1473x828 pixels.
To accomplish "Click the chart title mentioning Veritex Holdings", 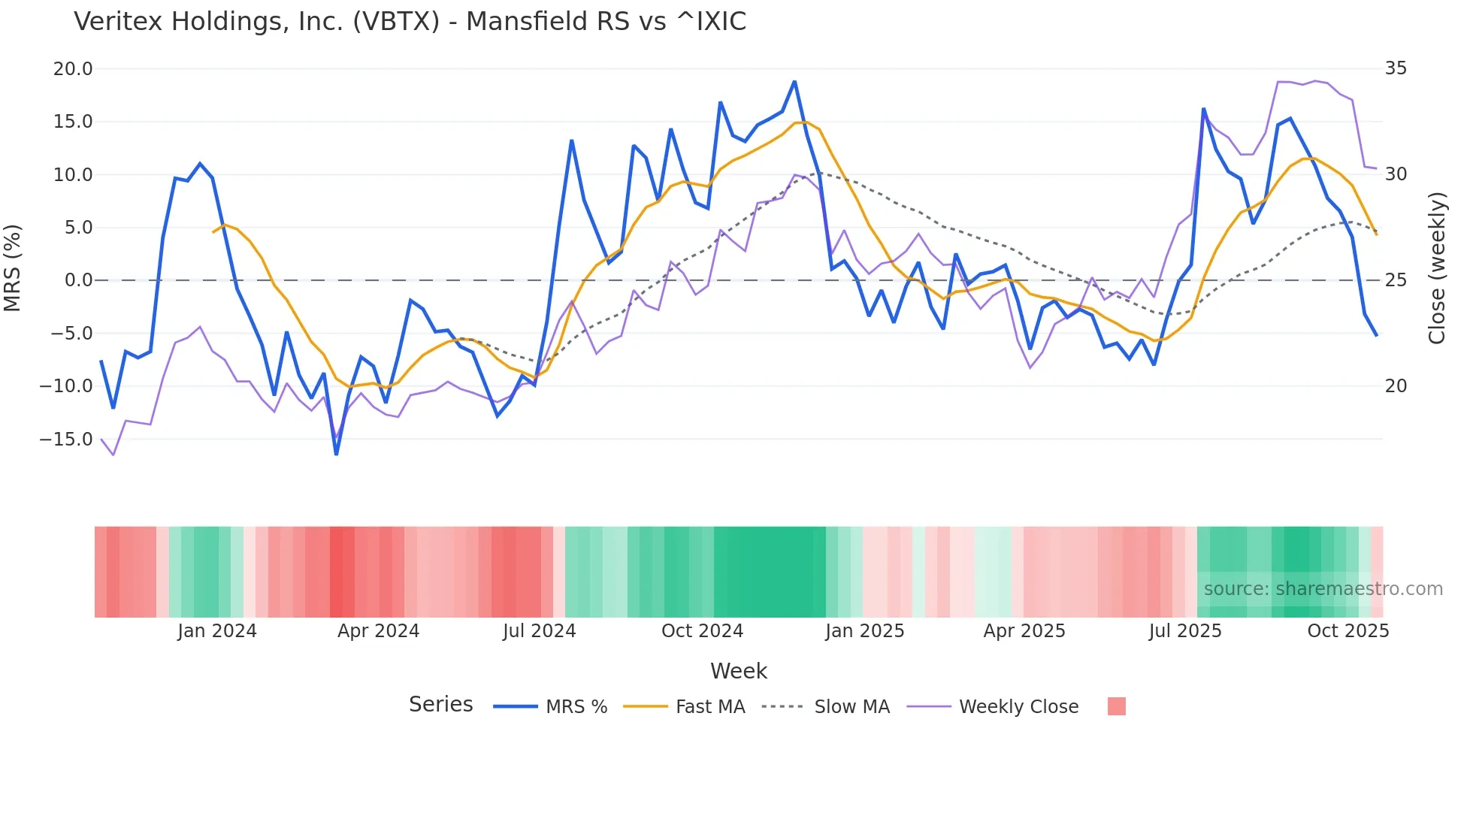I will pos(410,22).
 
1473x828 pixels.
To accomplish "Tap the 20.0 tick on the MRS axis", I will pos(73,69).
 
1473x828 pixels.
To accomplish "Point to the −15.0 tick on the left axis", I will pos(66,440).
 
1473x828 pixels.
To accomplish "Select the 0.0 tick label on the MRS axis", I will pos(78,281).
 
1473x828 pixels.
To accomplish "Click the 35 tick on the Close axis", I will pos(1396,69).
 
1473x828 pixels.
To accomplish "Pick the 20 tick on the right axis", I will pos(1396,386).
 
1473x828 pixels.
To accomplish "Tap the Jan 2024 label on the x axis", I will pos(217,631).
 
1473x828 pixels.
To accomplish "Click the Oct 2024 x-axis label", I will pos(702,631).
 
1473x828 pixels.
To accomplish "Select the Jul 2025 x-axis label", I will pos(1185,631).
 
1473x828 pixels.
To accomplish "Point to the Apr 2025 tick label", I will pos(1024,631).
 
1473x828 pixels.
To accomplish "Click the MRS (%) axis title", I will pos(13,267).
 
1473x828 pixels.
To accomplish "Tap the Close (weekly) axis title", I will pos(1438,267).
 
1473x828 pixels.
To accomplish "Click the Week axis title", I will pos(739,671).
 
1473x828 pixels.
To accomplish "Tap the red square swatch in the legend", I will pos(1117,706).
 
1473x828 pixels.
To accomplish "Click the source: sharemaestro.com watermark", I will pos(1323,589).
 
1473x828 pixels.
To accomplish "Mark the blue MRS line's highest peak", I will pos(794,82).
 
